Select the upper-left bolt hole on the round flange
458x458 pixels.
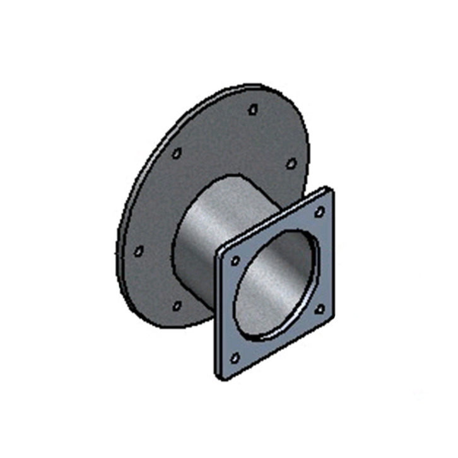click(177, 153)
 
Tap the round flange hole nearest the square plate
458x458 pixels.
click(291, 163)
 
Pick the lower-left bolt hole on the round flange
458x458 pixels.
click(139, 250)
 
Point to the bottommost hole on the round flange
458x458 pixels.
click(177, 306)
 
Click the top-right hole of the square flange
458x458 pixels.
click(319, 211)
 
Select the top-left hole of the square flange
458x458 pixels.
click(235, 260)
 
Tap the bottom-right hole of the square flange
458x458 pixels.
click(319, 309)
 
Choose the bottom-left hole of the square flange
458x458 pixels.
click(235, 358)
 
